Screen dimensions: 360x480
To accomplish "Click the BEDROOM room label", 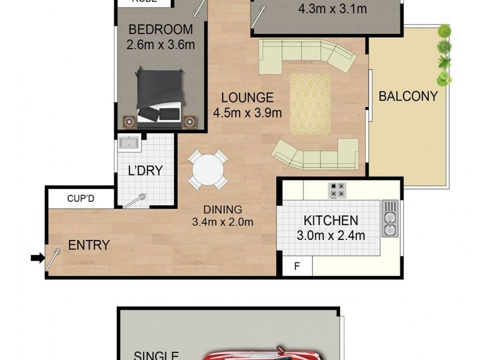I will click(x=160, y=29).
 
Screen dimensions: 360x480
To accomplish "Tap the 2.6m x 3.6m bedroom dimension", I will click(x=160, y=44).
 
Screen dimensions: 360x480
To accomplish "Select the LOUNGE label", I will click(x=247, y=98).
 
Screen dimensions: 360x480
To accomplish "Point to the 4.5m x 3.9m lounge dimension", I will click(x=247, y=112).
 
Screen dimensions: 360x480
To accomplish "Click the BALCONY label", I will click(x=407, y=96).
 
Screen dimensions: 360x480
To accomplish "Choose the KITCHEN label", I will click(x=330, y=221).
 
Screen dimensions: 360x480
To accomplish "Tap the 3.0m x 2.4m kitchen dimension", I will click(x=330, y=235).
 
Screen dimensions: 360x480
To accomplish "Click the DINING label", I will click(x=222, y=209).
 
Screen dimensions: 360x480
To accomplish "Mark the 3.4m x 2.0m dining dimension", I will click(x=222, y=222).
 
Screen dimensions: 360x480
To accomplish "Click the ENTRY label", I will click(x=89, y=245).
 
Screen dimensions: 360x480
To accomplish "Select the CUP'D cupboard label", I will click(x=80, y=197).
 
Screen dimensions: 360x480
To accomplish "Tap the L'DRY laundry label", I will click(x=145, y=170).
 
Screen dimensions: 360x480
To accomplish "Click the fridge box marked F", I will click(x=295, y=266).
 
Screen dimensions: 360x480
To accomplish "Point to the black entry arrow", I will click(x=37, y=259).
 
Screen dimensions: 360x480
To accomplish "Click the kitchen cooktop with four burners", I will click(x=337, y=190).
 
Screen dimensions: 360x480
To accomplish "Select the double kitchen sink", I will click(x=390, y=219).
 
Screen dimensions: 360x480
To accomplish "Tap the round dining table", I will click(x=206, y=169).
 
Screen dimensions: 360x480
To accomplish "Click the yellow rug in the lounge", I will click(x=310, y=103).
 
